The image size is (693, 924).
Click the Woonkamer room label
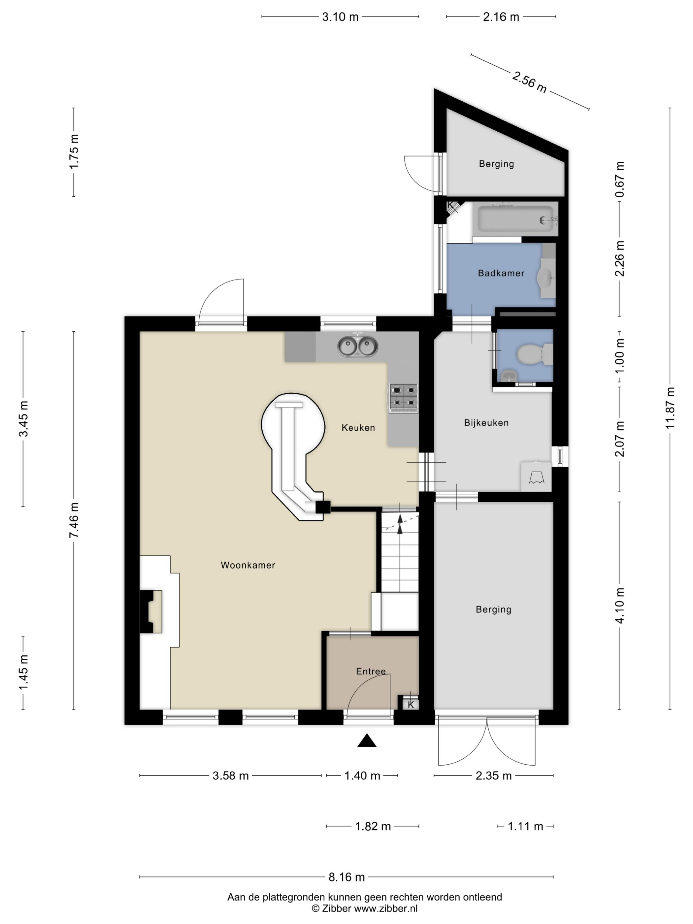(x=248, y=565)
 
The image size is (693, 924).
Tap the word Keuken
(x=358, y=428)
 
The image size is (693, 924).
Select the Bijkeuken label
(x=486, y=423)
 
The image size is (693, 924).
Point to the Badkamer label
(x=501, y=273)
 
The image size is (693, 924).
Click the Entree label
(x=371, y=671)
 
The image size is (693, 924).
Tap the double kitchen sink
(x=358, y=346)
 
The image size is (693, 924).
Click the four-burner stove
(x=403, y=398)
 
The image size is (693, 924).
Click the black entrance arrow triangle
(x=367, y=740)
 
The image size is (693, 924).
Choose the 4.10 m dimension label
(x=619, y=605)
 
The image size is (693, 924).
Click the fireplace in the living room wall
(x=151, y=611)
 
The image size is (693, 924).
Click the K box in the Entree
(x=411, y=705)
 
